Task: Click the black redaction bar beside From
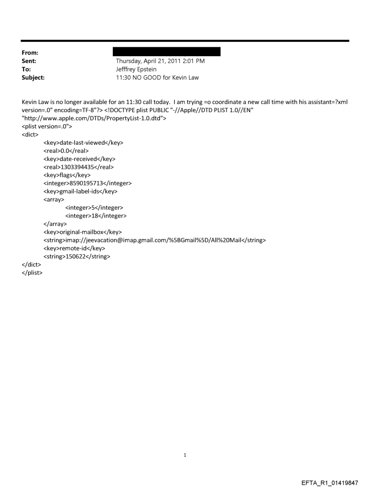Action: click(168, 52)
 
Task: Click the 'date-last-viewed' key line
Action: click(83, 143)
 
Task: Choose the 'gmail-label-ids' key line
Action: click(80, 192)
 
